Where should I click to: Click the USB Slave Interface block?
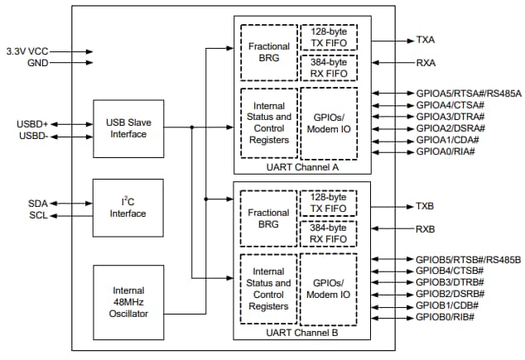pyautogui.click(x=128, y=128)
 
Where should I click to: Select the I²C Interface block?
pyautogui.click(x=128, y=208)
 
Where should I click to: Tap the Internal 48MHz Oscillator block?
pyautogui.click(x=128, y=301)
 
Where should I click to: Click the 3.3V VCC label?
pyautogui.click(x=27, y=50)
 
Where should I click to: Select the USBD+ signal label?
pyautogui.click(x=32, y=124)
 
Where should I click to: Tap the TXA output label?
pyautogui.click(x=425, y=39)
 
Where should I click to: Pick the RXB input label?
pyautogui.click(x=425, y=228)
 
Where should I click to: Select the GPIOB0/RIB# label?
pyautogui.click(x=445, y=316)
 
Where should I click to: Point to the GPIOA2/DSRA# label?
pyautogui.click(x=450, y=128)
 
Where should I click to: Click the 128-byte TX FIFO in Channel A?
pyautogui.click(x=328, y=39)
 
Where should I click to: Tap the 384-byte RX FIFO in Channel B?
pyautogui.click(x=328, y=234)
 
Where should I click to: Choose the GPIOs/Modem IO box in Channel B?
pyautogui.click(x=328, y=289)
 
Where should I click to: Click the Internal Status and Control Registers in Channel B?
pyautogui.click(x=268, y=289)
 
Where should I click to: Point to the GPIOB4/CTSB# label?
pyautogui.click(x=450, y=270)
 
